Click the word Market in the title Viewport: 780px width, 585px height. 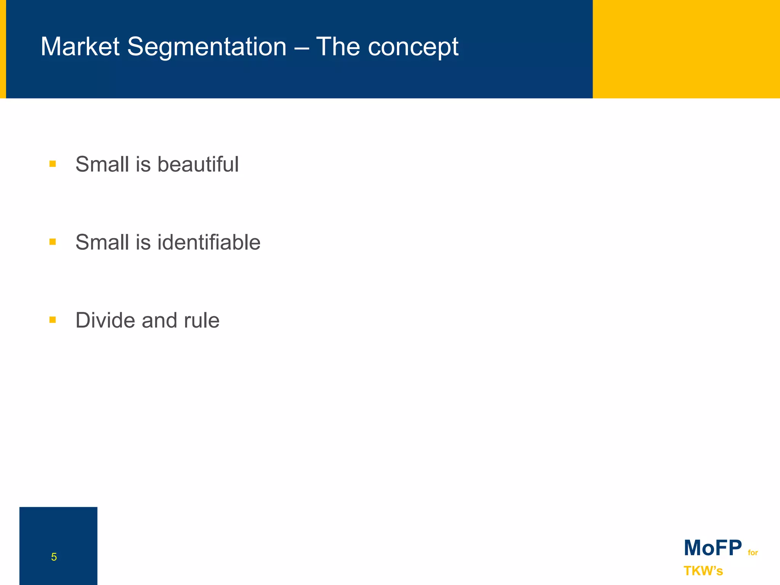click(80, 47)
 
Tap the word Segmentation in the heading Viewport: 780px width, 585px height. click(206, 48)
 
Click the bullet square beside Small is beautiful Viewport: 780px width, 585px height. click(53, 164)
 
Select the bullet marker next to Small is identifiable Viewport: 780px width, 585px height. click(53, 242)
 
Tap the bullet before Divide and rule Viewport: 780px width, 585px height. click(53, 320)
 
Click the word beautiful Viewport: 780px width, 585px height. click(198, 165)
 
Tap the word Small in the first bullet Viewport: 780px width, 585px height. click(102, 165)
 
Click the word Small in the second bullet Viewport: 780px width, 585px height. click(102, 242)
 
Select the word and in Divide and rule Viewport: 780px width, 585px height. click(159, 321)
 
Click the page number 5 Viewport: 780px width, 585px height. click(54, 557)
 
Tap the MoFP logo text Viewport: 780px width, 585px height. click(713, 548)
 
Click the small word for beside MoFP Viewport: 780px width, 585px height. click(753, 553)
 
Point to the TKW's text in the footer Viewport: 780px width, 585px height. click(703, 571)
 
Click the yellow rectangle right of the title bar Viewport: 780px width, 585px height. click(686, 49)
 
